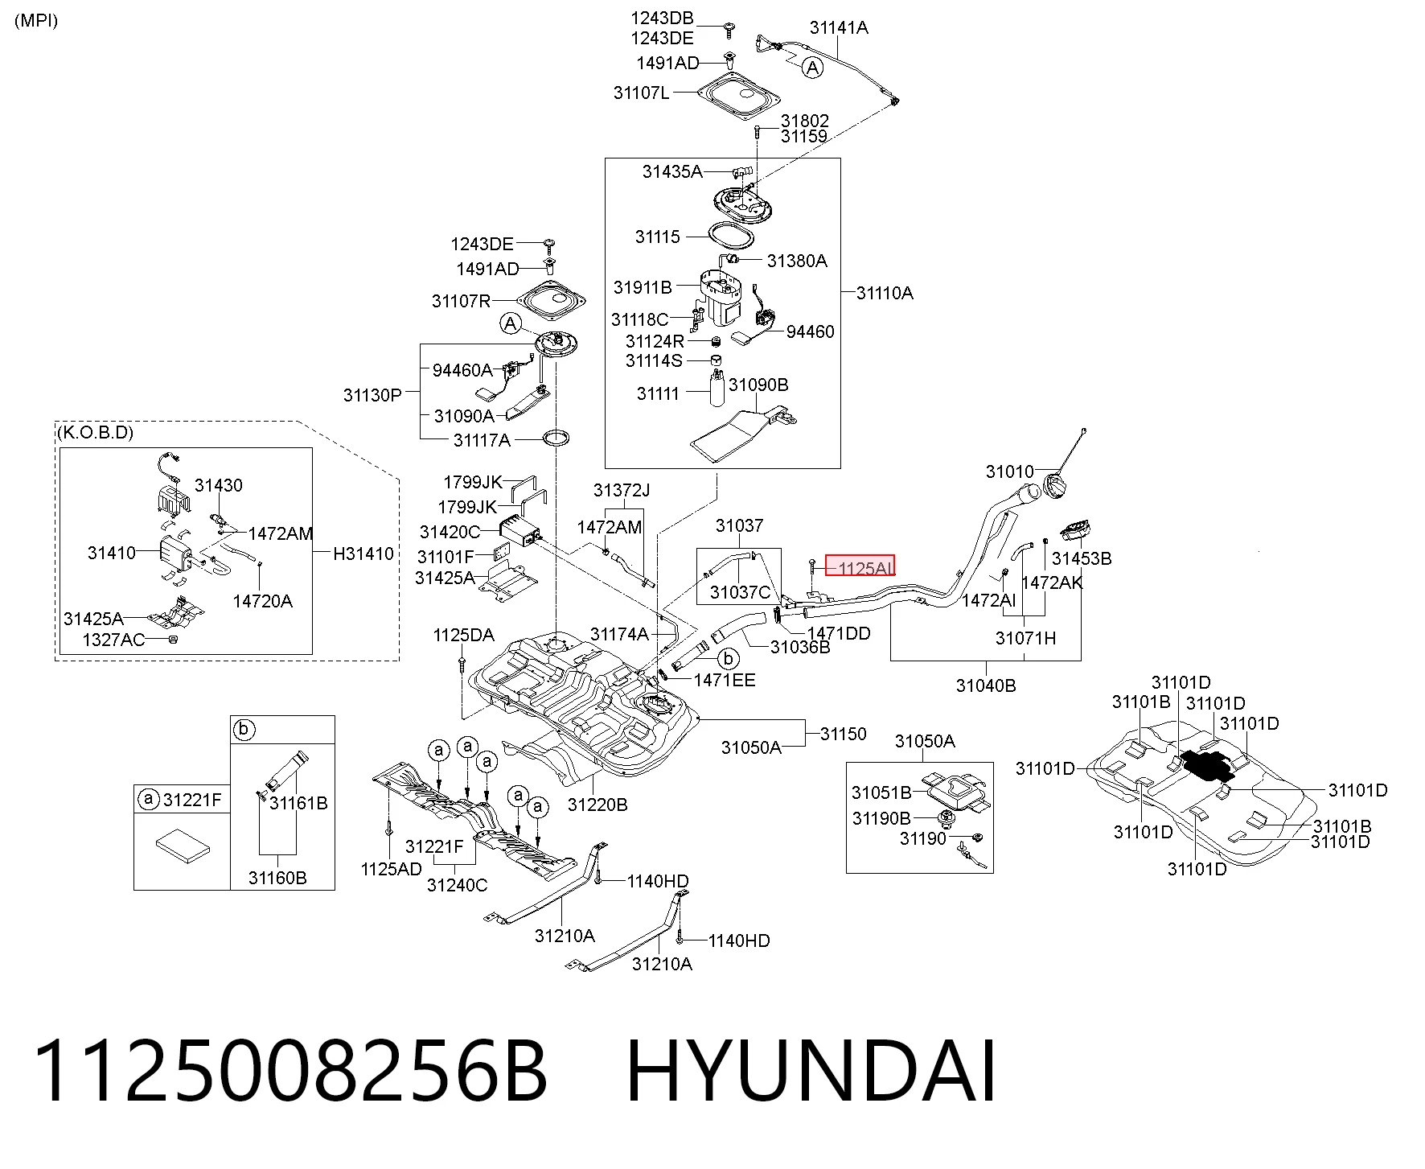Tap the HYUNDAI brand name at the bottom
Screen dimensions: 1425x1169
[811, 1071]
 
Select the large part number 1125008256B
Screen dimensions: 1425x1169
[290, 1071]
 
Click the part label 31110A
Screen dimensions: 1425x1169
[885, 293]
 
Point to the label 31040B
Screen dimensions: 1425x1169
[986, 685]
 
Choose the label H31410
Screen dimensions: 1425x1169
[363, 554]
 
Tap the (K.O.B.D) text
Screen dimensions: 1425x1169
[95, 433]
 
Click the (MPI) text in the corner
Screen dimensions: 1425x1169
[36, 21]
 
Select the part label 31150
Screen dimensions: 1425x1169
[844, 734]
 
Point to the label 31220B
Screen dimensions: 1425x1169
[598, 805]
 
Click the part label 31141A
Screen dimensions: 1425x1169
[839, 27]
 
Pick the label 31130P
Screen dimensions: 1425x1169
[372, 395]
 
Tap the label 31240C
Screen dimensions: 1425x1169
[457, 885]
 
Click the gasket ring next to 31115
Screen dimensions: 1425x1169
[731, 237]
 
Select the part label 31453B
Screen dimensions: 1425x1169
[1082, 558]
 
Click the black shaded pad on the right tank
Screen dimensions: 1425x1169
[1203, 765]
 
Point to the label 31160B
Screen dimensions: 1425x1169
[277, 878]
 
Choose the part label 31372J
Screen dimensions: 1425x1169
[622, 490]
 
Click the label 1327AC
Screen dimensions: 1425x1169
[113, 640]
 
